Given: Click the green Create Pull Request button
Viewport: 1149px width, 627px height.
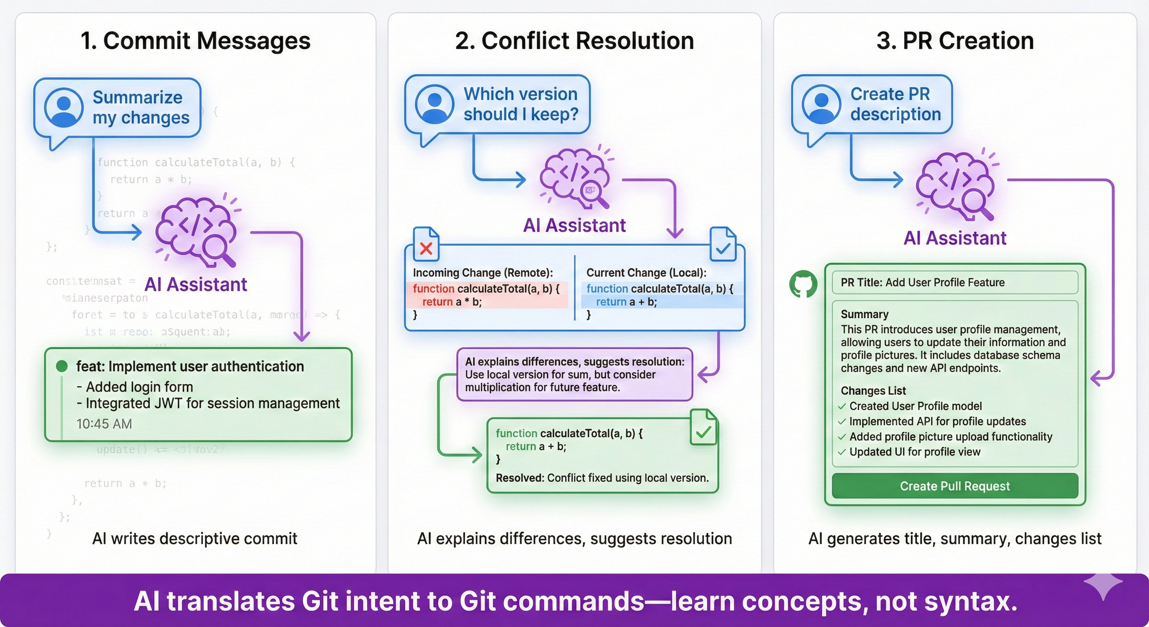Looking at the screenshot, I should click(954, 486).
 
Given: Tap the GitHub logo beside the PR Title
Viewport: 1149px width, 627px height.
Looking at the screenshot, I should click(803, 284).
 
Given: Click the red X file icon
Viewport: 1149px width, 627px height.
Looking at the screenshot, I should click(426, 245).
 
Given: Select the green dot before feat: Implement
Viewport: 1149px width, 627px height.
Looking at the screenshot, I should click(62, 367).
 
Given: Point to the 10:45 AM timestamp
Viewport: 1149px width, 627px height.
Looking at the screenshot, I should click(104, 423).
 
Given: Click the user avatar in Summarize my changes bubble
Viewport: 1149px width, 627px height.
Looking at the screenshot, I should click(64, 107).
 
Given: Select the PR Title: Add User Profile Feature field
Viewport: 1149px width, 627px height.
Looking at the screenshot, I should click(954, 282).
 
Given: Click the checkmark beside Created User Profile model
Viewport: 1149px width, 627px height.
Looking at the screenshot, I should click(842, 407).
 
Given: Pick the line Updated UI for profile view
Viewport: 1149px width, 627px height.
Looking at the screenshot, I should click(914, 452).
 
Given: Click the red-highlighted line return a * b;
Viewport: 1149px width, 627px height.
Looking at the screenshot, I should click(451, 302).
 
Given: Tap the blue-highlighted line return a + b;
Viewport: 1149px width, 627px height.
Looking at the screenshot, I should click(626, 302).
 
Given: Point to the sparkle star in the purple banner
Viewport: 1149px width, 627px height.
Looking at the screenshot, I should click(1102, 584).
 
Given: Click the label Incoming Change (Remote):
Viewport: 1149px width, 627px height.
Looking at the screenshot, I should click(483, 273).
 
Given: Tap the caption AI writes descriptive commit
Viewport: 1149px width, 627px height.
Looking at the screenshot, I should click(195, 539).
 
